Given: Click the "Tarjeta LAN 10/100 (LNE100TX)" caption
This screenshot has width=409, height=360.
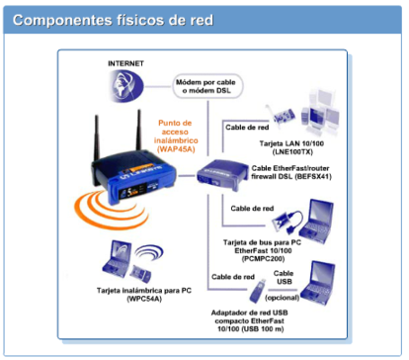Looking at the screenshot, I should [x=301, y=148].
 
